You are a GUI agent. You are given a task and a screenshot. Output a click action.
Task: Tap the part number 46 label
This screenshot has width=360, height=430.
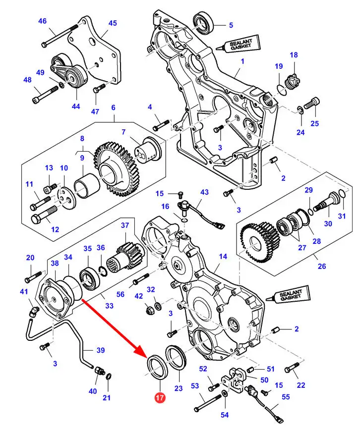(42, 21)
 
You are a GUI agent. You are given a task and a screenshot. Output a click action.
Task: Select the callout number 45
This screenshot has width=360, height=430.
(113, 23)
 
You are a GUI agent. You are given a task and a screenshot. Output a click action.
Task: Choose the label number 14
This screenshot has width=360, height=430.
(223, 256)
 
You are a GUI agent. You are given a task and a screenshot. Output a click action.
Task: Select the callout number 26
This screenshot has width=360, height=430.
(322, 266)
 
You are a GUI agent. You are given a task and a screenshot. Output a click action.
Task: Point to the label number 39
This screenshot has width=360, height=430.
(101, 350)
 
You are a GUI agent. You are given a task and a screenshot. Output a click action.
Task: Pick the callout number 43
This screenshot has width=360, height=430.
(204, 192)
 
